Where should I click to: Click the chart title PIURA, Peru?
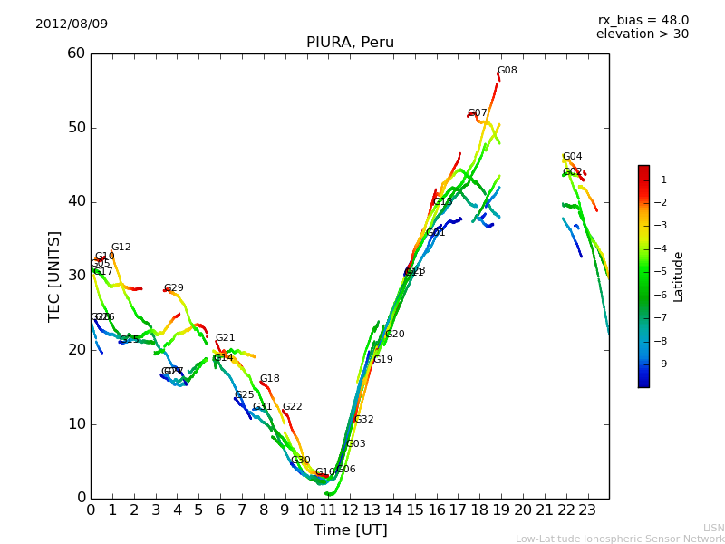coord(350,43)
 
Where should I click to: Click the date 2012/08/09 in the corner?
coord(72,24)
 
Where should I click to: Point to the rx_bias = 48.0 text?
coord(643,20)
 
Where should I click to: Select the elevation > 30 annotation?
coord(643,34)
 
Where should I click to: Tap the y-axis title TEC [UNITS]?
coord(54,276)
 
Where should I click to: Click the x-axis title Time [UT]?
coord(350,530)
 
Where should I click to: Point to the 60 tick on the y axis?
coord(76,53)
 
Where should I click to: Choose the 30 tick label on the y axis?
coord(76,276)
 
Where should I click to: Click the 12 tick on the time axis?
coord(350,510)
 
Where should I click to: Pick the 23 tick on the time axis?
coord(587,510)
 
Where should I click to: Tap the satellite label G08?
coord(507,71)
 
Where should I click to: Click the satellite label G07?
coord(478,113)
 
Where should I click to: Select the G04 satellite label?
coord(572,157)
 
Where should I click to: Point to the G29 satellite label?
coord(173,288)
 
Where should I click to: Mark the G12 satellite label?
coord(121,248)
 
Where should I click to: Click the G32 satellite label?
coord(363,420)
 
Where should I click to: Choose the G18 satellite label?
coord(269,379)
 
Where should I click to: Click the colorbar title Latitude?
coord(678,277)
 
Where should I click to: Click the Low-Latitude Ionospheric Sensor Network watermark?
coord(620,539)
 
